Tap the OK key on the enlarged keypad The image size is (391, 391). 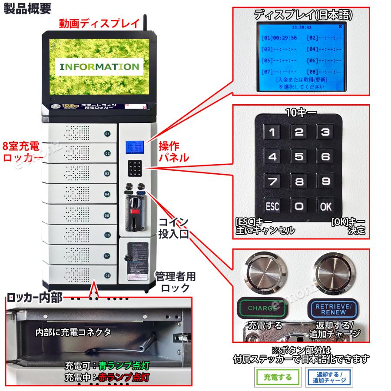click(x=325, y=206)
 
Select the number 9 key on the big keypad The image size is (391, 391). click(x=325, y=181)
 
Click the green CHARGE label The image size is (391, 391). click(x=263, y=308)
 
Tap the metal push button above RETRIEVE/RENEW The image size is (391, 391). click(x=335, y=273)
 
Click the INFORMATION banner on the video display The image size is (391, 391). click(x=99, y=67)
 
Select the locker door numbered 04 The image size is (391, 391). click(x=80, y=194)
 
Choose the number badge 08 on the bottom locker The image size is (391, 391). click(x=107, y=275)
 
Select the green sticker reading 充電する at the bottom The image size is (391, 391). click(x=272, y=377)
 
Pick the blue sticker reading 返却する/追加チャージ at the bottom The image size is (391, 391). click(x=329, y=377)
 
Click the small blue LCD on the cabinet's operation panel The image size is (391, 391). click(x=134, y=147)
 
